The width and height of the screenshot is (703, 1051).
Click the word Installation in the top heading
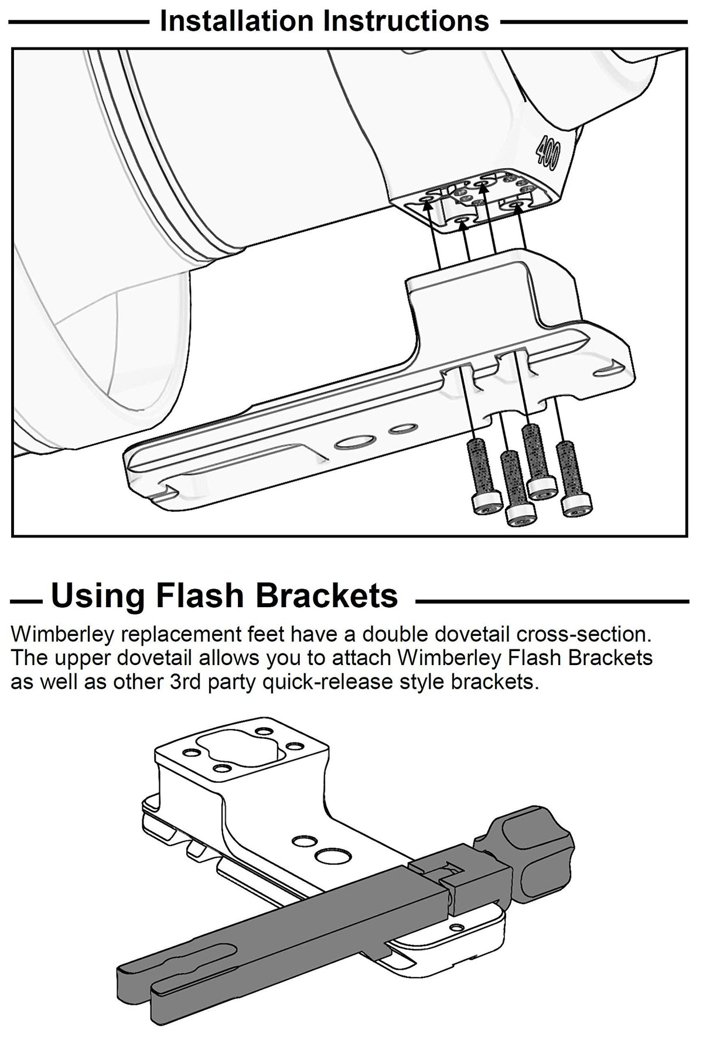[x=237, y=21]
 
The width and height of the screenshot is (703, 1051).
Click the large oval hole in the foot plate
[x=354, y=442]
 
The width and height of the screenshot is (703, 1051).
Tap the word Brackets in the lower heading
[x=326, y=596]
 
